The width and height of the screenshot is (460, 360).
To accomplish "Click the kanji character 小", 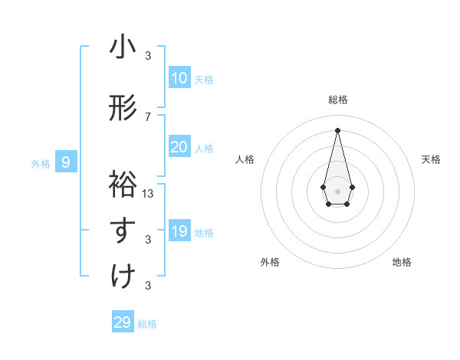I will click(123, 47).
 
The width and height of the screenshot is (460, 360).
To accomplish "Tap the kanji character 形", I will click(123, 110).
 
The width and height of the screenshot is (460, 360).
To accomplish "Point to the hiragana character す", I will click(123, 231).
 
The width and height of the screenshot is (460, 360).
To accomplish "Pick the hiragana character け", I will click(123, 277).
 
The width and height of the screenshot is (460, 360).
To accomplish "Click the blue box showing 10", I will click(179, 78).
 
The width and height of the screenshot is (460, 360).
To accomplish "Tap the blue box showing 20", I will click(179, 147).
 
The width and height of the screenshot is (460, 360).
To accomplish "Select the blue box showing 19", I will click(179, 231).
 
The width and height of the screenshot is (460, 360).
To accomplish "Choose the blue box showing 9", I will click(66, 162).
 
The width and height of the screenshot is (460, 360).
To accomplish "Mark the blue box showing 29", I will click(123, 322).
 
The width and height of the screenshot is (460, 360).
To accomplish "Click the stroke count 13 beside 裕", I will click(148, 193).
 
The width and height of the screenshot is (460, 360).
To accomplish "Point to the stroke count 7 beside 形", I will click(148, 116).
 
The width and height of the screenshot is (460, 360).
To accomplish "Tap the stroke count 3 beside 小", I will click(148, 55).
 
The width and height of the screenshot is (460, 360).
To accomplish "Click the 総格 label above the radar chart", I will click(337, 100).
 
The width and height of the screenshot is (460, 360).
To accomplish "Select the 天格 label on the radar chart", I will click(431, 159).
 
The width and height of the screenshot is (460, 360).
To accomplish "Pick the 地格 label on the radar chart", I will click(402, 262).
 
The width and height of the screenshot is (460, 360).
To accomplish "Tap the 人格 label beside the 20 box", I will click(204, 148).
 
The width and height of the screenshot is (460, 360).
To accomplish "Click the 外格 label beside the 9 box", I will click(41, 162).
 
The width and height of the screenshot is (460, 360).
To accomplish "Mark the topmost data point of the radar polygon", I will click(337, 129).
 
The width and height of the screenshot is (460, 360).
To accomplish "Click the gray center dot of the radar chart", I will click(337, 190).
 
